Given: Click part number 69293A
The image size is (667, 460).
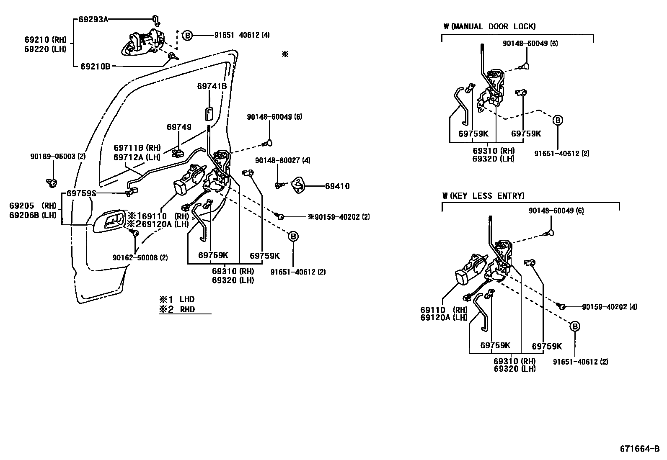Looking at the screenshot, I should click(x=93, y=19).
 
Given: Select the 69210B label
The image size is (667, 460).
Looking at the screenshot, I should click(x=95, y=66).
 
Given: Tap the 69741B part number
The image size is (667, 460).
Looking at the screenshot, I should click(x=212, y=86).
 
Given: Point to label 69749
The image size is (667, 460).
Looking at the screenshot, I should click(x=179, y=126).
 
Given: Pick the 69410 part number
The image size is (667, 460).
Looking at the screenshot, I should click(x=337, y=186).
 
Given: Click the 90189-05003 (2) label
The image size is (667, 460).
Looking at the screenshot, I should click(x=58, y=156).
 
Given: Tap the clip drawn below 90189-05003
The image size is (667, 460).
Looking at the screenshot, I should click(x=52, y=182).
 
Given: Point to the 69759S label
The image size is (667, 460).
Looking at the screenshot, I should click(x=82, y=193).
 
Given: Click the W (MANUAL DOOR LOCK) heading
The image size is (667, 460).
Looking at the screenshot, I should click(x=489, y=26).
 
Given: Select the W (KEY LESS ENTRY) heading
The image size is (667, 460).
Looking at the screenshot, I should click(x=483, y=195).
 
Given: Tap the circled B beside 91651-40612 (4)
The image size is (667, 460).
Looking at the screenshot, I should click(x=187, y=36).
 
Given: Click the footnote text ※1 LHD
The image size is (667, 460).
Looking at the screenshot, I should click(x=176, y=299).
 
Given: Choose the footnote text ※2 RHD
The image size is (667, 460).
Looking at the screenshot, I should click(x=176, y=310).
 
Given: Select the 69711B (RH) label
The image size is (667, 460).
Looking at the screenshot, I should click(x=137, y=148).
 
